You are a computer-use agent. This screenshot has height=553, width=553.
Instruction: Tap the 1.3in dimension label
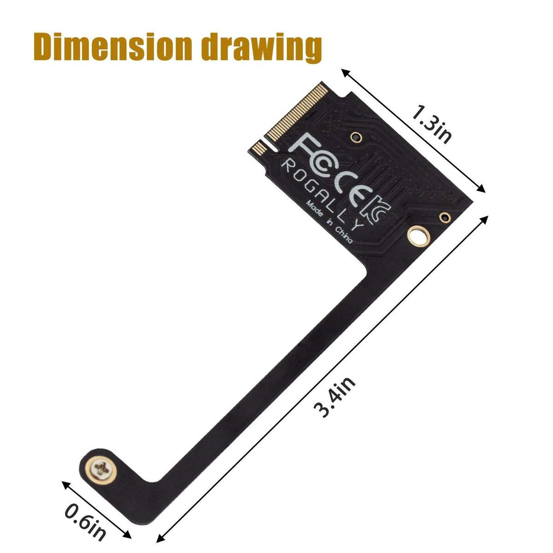click(x=431, y=124)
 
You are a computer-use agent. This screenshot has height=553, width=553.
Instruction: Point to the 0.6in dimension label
click(x=87, y=529)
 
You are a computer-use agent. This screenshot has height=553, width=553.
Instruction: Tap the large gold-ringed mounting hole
click(x=418, y=236)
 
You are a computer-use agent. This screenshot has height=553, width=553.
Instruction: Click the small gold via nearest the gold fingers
click(x=355, y=136)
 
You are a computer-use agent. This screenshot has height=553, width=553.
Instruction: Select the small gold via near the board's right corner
click(x=445, y=217)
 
